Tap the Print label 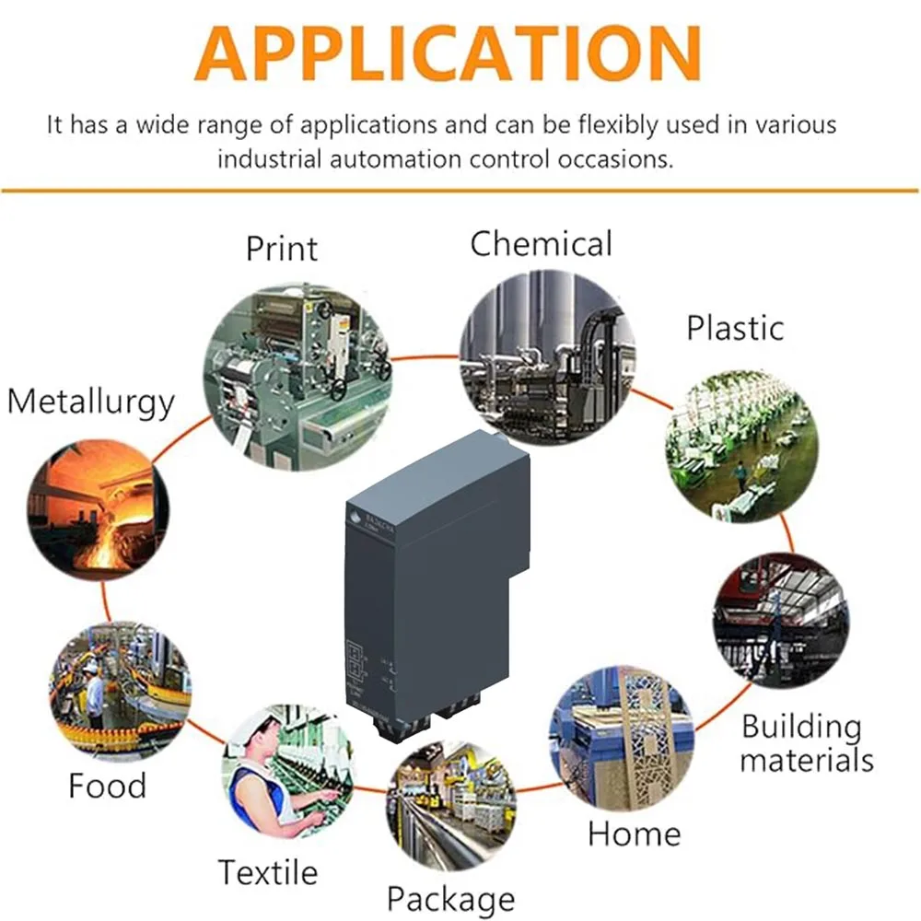[x=281, y=248]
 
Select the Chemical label [x=541, y=244]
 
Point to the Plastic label [x=735, y=328]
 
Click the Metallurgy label [x=90, y=402]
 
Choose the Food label [x=107, y=786]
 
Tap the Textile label [x=267, y=871]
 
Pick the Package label [x=450, y=897]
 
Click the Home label [x=634, y=834]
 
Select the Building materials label [x=806, y=743]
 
